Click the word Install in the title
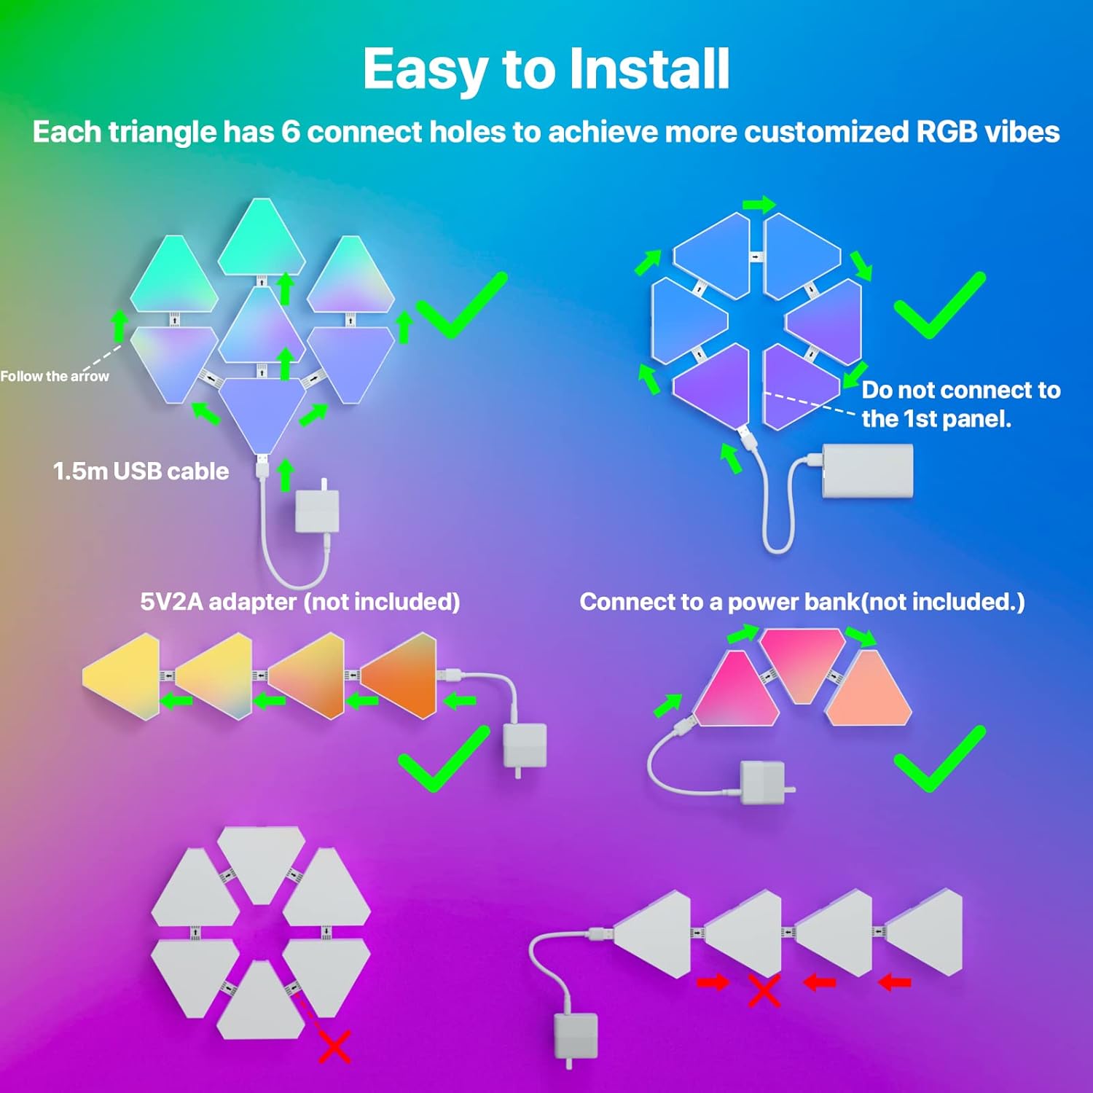coord(648,68)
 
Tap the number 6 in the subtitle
coord(290,133)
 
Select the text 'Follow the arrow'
coord(55,376)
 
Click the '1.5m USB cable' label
coord(141,471)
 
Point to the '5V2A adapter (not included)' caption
coord(299,602)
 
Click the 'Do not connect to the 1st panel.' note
coord(960,404)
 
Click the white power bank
coord(867,472)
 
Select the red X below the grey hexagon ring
coord(334,1046)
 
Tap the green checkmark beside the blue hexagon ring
coord(939,306)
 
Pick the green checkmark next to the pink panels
coord(939,759)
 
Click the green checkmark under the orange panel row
coord(443,759)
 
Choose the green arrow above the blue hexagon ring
coord(759,205)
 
